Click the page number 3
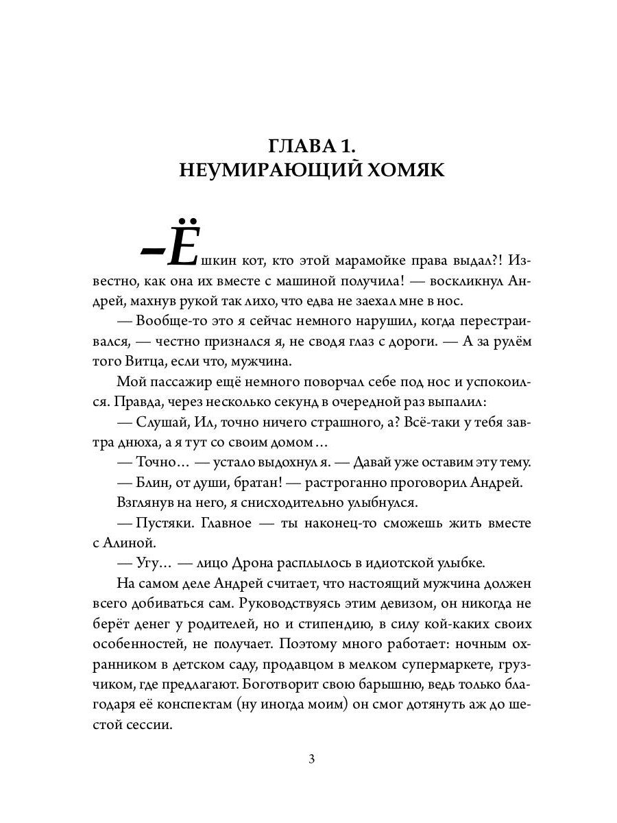(311, 759)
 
